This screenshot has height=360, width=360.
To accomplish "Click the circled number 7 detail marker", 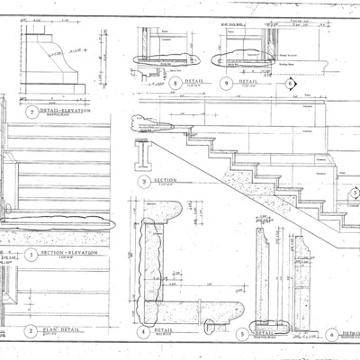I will (x=33, y=112).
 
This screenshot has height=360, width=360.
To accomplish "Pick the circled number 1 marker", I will (x=31, y=254).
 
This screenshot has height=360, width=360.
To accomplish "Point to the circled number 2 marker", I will (x=31, y=330).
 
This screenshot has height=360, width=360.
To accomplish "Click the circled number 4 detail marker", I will (x=143, y=330).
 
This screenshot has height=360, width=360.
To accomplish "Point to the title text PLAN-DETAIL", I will (x=61, y=329).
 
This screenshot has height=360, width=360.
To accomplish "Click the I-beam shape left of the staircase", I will (x=145, y=158).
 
